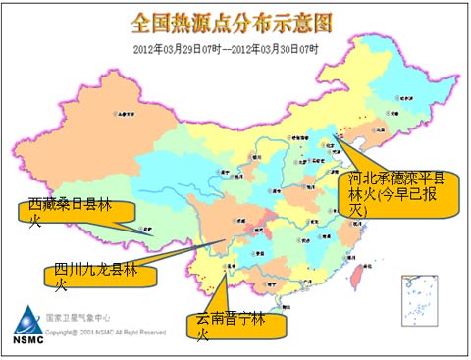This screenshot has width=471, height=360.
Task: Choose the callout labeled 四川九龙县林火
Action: point(99,274)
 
